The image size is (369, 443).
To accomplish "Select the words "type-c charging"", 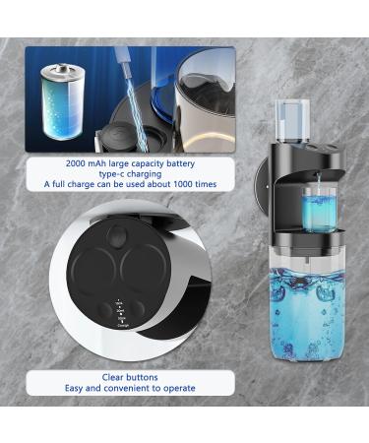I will click(132, 173).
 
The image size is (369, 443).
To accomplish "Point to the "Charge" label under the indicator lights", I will click(122, 323).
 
